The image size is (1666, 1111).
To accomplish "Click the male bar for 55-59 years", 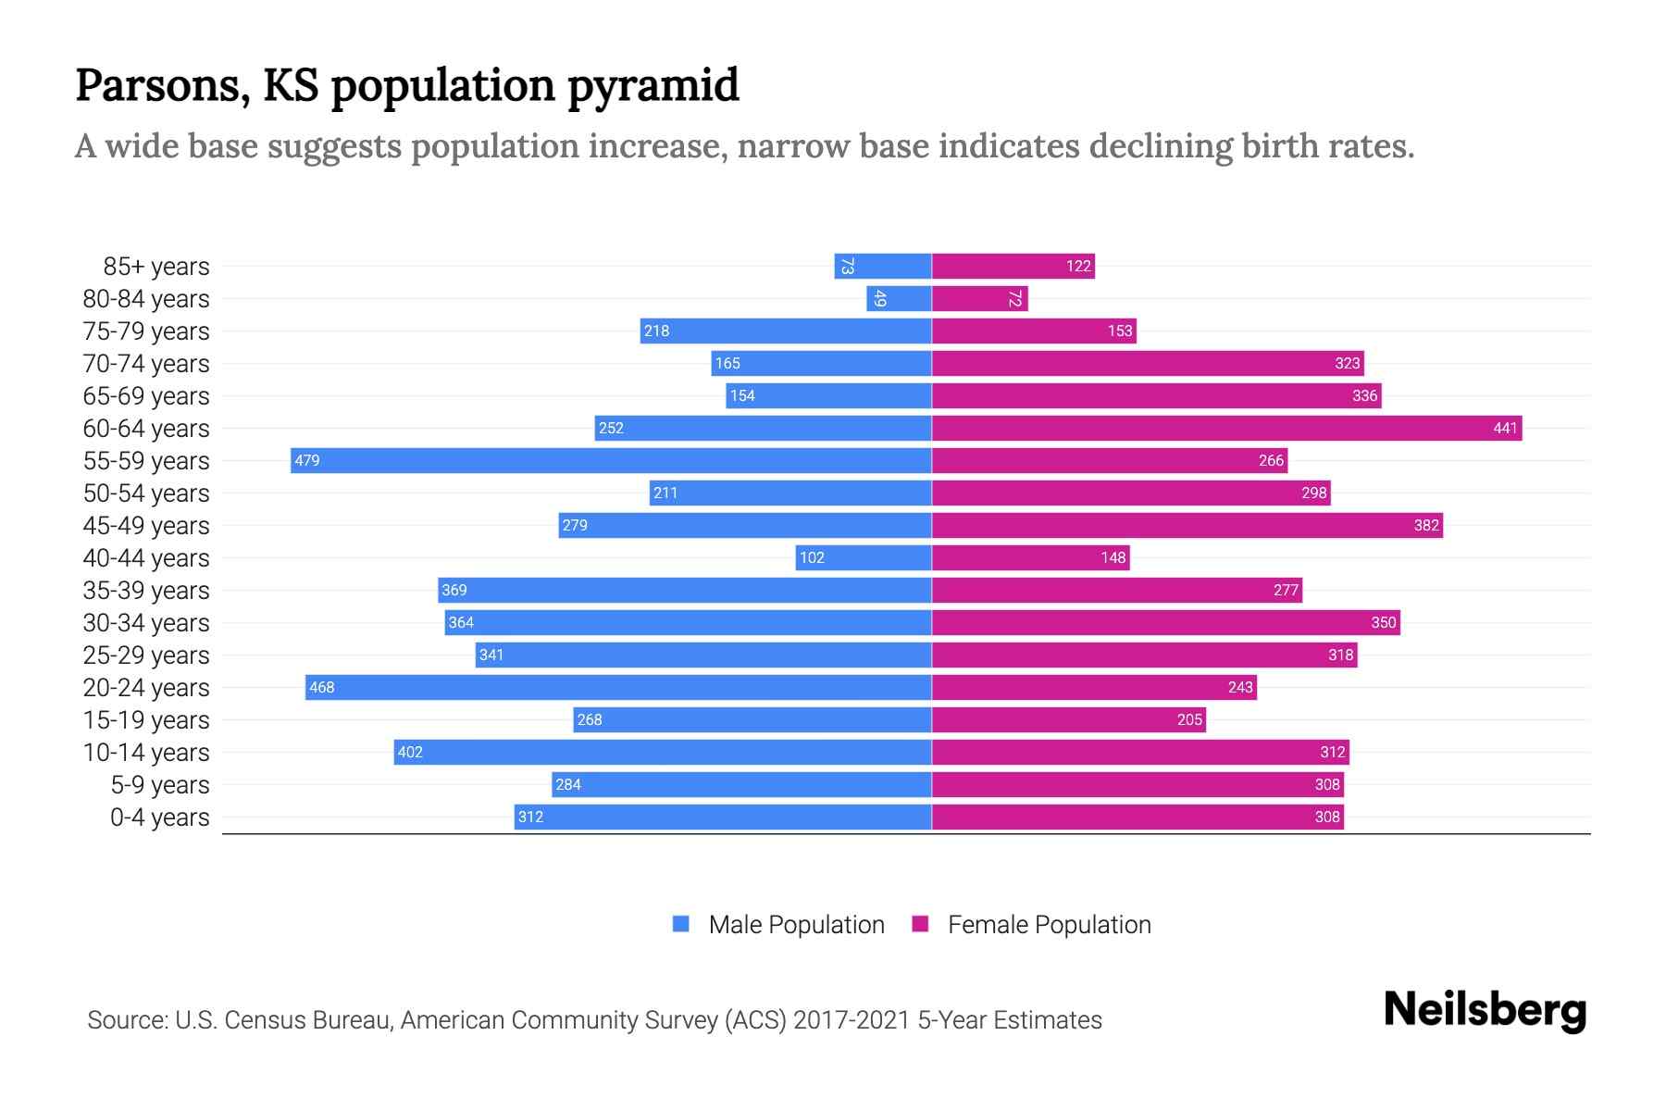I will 611,460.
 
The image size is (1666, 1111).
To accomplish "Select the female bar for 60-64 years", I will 1226,428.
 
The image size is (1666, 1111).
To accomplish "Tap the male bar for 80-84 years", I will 899,298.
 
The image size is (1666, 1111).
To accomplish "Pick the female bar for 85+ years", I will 1013,266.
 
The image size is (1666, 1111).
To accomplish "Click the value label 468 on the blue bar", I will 322,687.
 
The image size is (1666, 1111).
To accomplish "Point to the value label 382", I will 1426,525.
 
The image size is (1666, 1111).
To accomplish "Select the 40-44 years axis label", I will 146,557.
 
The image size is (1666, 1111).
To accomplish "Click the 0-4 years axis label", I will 159,817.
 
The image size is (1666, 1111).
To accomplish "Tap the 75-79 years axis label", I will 146,331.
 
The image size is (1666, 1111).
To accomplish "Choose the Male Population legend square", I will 681,924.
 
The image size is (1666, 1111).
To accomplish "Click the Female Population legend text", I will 1049,924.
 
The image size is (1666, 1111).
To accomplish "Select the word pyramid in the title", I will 653,85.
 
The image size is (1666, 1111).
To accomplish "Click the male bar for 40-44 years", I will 863,557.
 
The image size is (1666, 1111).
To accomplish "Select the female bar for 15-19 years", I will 1068,719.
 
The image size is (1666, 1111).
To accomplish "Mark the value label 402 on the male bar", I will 410,752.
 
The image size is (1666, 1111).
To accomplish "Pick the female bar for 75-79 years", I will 1034,331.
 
